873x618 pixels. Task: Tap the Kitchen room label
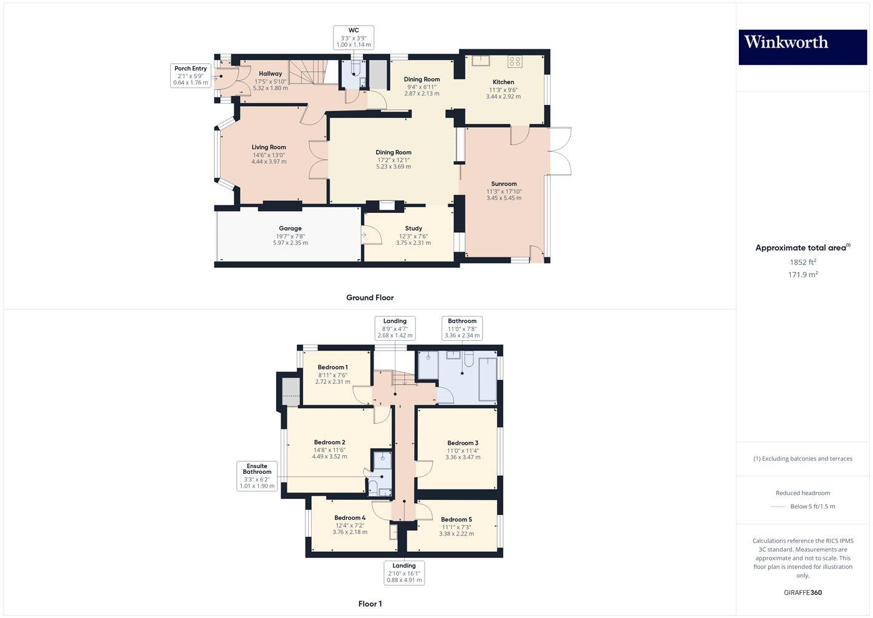coord(503,82)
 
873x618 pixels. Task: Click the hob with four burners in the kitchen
coord(514,61)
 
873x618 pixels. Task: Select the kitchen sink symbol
coord(480,61)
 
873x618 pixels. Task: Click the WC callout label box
coord(354,37)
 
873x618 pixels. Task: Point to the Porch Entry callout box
coord(191,76)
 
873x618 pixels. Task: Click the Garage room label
coord(290,228)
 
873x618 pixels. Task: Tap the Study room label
coord(413,228)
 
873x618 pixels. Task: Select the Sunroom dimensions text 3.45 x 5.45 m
coord(504,198)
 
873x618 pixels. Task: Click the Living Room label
coord(269,148)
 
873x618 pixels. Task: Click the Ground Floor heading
coord(370,298)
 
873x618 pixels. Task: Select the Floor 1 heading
coord(370,604)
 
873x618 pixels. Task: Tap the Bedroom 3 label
coord(463,443)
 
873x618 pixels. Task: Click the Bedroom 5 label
coord(456,519)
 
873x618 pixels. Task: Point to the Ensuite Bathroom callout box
coord(257,476)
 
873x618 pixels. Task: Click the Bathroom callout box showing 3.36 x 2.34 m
coord(462,328)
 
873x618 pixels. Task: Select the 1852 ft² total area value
coord(803,262)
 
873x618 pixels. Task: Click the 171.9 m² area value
coord(803,275)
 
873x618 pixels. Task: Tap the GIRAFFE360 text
coord(803,592)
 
